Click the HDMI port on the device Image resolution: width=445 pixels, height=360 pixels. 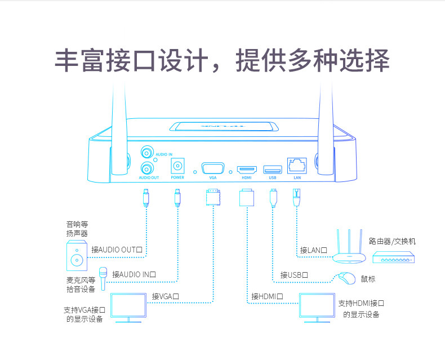(x=246, y=169)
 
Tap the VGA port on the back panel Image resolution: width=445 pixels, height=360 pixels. (x=212, y=168)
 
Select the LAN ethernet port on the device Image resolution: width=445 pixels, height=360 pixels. (x=297, y=166)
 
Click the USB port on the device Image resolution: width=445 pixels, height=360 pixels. (x=273, y=168)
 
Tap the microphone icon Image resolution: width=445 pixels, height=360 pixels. (x=103, y=278)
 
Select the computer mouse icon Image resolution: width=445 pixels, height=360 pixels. (x=347, y=278)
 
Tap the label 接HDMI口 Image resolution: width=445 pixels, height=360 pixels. (x=267, y=296)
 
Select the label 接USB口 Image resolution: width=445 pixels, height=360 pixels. (x=294, y=275)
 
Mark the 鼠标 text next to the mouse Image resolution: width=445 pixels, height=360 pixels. (x=368, y=279)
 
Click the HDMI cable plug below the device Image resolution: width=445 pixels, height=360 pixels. (x=246, y=198)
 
